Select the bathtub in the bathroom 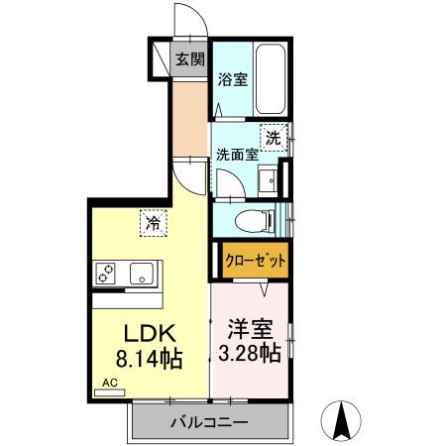270,80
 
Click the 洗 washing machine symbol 273,138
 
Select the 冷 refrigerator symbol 153,223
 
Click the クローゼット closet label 255,261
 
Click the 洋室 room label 249,328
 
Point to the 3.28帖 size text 249,353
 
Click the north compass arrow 342,420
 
